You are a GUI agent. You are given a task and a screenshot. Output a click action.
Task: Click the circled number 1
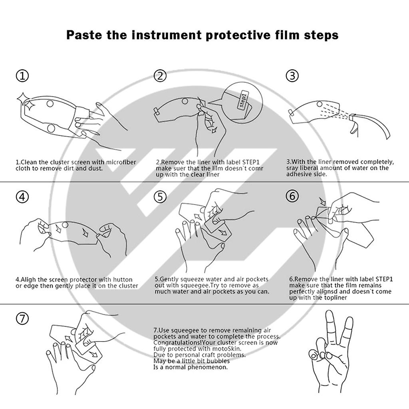[22, 75]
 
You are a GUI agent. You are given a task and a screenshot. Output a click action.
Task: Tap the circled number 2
[160, 75]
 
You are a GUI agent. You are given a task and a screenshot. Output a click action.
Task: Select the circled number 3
[292, 75]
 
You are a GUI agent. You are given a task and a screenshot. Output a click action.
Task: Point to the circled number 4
[22, 197]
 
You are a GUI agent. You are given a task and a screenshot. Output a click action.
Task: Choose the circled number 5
[160, 197]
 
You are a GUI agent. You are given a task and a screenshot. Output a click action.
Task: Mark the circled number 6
[292, 196]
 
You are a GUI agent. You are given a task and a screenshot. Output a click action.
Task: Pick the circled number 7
[22, 318]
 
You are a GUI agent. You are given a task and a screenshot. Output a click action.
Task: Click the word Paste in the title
[83, 35]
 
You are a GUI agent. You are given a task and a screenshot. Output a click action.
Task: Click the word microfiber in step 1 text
[121, 162]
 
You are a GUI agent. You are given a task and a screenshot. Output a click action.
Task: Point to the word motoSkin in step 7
[227, 349]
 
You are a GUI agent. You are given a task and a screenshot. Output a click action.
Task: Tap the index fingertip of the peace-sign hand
[329, 313]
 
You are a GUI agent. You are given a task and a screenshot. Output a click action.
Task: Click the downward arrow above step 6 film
[323, 201]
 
